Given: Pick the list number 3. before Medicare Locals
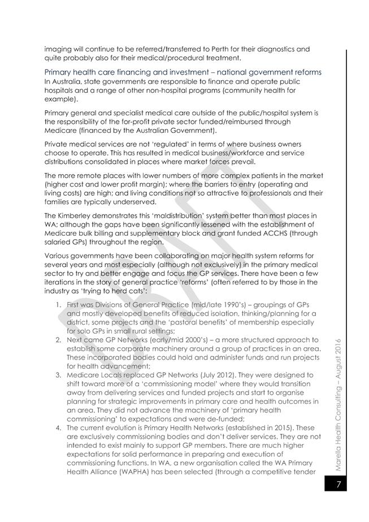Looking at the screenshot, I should (59, 374).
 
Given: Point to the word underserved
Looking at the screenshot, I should (136, 201).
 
